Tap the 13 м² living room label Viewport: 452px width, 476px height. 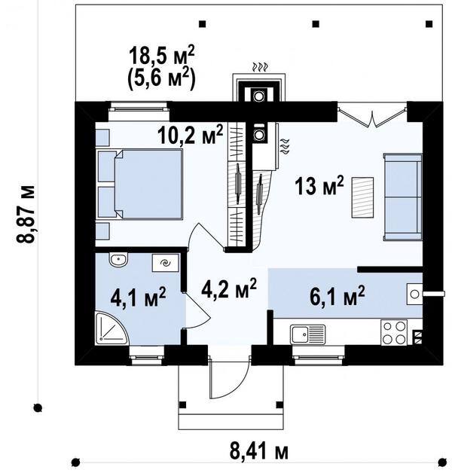(x=319, y=185)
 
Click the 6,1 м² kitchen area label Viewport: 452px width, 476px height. (x=337, y=294)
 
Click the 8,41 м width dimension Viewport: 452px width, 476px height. (x=258, y=451)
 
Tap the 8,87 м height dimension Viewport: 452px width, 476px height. (x=26, y=214)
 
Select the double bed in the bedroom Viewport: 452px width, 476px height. (x=140, y=185)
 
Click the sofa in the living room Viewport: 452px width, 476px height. (x=403, y=197)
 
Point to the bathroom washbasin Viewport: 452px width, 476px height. (x=119, y=260)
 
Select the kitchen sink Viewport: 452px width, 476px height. (x=307, y=334)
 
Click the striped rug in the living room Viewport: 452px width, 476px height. (x=363, y=197)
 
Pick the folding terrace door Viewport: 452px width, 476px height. (x=372, y=114)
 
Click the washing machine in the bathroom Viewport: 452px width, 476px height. (x=166, y=263)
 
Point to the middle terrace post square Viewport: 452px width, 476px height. (x=316, y=24)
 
